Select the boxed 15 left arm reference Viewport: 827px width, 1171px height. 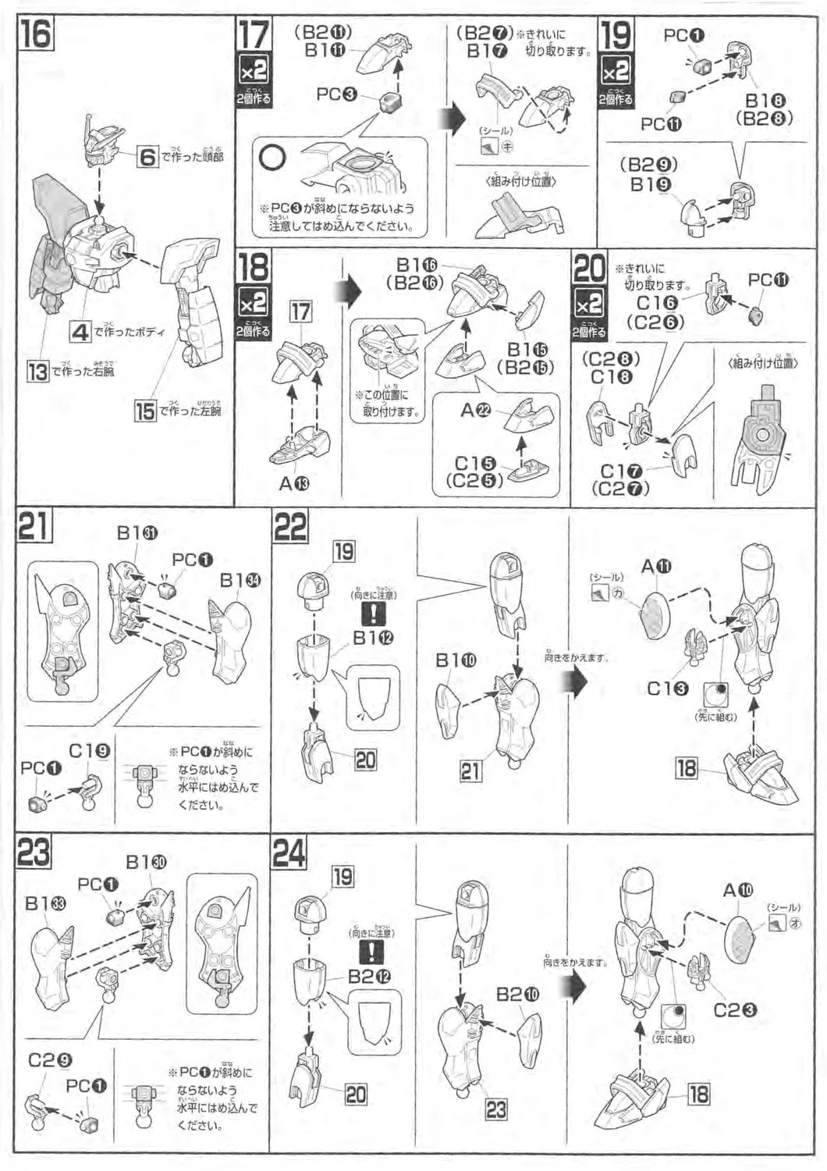coord(144,411)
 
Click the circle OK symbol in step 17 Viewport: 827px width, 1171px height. coord(272,158)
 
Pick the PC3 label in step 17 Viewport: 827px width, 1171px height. coord(336,94)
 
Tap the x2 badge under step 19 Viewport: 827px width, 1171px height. coord(615,71)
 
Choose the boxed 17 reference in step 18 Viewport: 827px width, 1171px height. coord(300,312)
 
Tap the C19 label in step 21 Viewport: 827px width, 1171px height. coord(89,751)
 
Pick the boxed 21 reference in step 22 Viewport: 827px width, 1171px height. coord(470,771)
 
